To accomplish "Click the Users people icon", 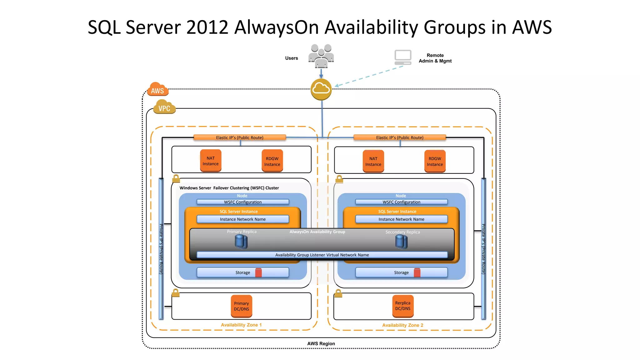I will click(321, 56).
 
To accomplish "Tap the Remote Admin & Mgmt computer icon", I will click(403, 57).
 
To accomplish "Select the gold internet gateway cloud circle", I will click(321, 89).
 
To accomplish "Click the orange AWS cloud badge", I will click(158, 90).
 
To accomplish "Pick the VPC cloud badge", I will click(164, 107).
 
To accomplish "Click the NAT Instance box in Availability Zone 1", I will click(211, 161).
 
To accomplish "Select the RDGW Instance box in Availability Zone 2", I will click(435, 161).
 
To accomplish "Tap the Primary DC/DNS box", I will click(242, 306).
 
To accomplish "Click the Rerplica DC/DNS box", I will click(402, 306).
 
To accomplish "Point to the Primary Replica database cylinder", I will click(241, 242).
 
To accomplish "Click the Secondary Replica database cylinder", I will click(401, 242).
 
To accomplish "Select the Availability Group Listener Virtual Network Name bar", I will click(322, 255).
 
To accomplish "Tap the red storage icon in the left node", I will click(258, 272).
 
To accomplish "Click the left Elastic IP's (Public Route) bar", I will click(240, 137).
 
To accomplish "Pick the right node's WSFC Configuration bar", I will click(401, 202).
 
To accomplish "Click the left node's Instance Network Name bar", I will click(242, 219).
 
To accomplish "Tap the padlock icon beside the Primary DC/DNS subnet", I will click(176, 293).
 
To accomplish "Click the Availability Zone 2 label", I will click(402, 325).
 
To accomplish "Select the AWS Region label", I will click(321, 343).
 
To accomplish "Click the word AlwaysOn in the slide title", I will click(276, 27).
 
